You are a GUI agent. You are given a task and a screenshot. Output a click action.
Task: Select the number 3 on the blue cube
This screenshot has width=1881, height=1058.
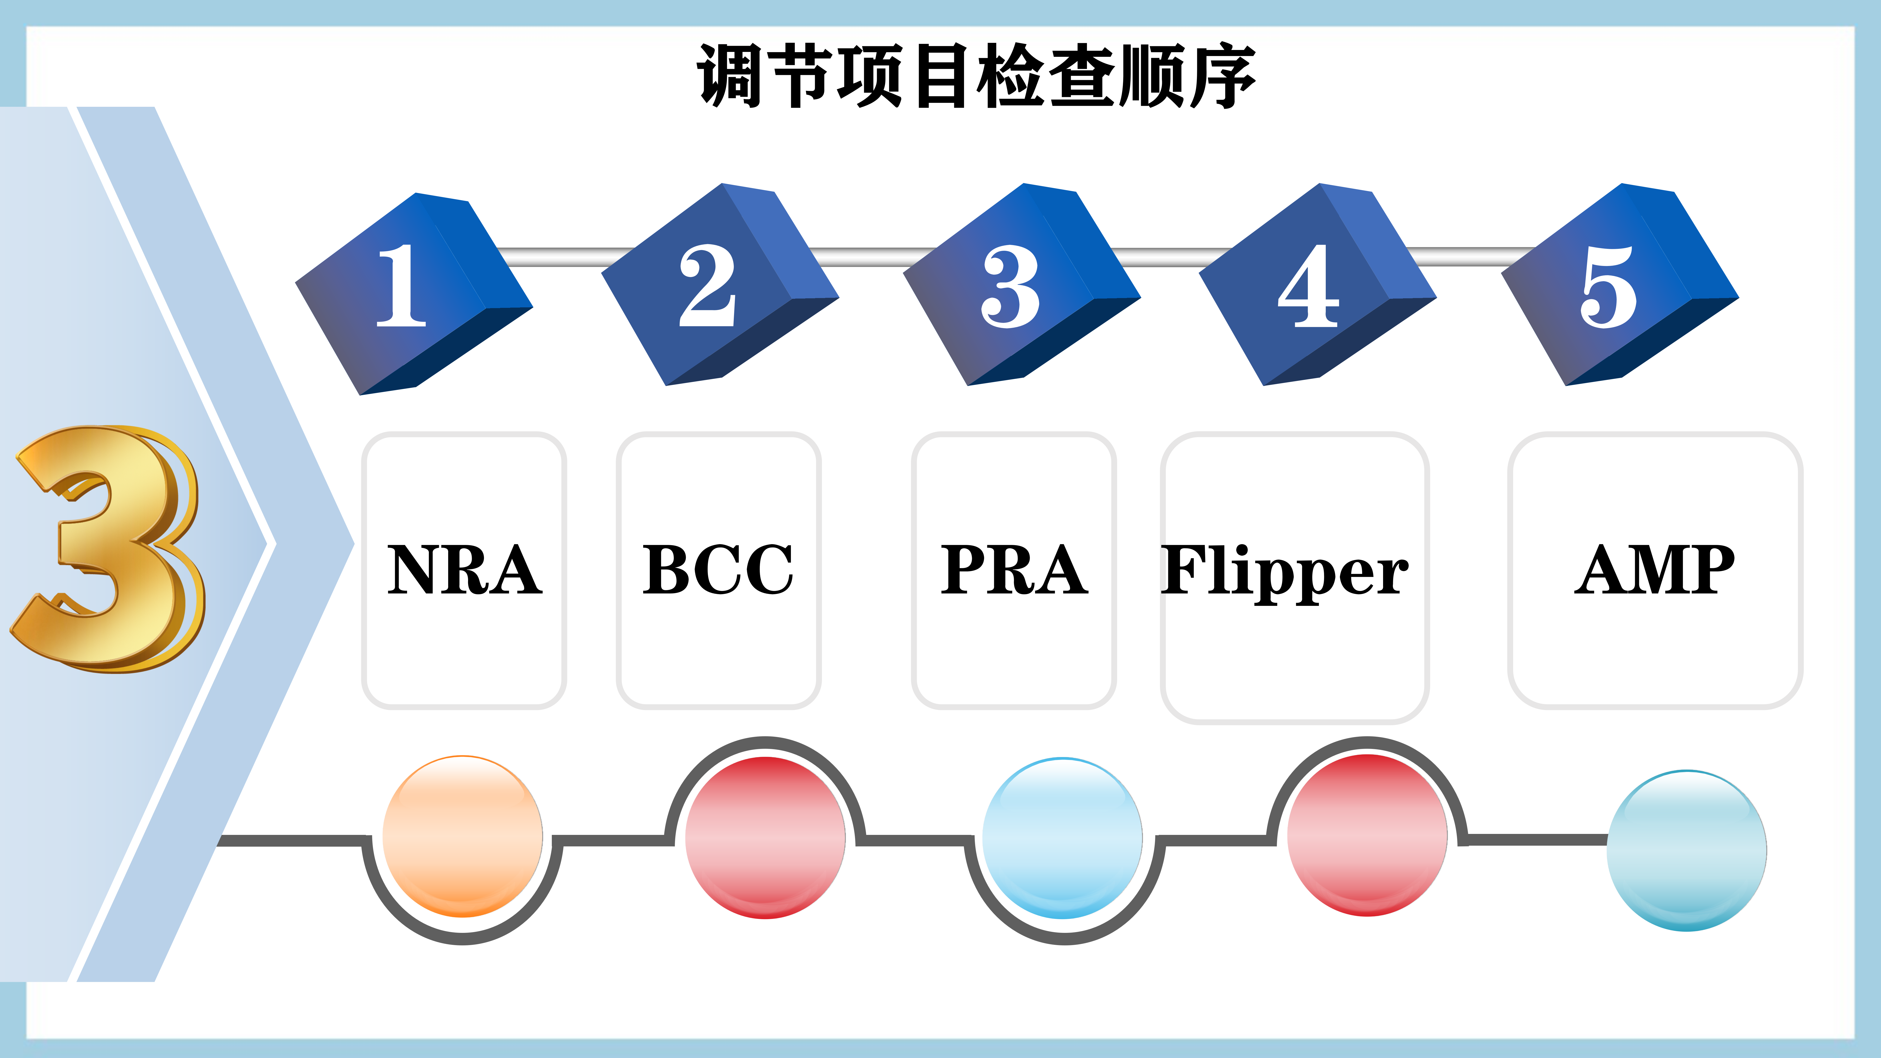click(1010, 286)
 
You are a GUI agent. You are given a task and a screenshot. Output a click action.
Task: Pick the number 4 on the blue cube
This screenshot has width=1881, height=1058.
click(1309, 286)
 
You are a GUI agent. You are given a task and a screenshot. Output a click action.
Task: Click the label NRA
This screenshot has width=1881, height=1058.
click(464, 569)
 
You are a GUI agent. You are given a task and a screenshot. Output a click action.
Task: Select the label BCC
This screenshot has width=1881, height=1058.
click(718, 569)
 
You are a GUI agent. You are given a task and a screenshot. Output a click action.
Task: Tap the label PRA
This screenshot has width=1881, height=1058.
click(1014, 569)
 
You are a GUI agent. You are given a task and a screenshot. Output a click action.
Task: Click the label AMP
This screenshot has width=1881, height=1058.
click(1655, 569)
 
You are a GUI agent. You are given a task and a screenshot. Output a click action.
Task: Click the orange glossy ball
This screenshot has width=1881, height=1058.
click(462, 836)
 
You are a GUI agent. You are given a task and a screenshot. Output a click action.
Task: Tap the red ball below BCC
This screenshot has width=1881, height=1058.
click(765, 838)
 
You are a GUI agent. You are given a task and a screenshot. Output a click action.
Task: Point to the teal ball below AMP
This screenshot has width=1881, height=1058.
click(1687, 851)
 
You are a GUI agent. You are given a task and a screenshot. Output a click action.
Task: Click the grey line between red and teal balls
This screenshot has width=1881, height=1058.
click(1533, 840)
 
